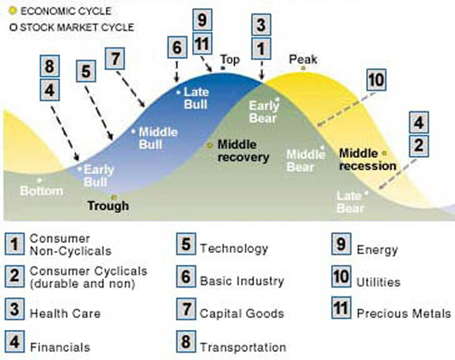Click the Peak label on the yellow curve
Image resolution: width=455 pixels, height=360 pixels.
tap(302, 60)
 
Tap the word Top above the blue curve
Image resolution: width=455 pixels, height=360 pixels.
tap(230, 60)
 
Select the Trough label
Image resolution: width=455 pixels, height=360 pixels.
tap(108, 205)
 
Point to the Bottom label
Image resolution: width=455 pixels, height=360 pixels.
tap(41, 191)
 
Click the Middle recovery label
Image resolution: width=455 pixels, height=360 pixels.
tap(243, 151)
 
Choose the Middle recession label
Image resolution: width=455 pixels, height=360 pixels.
tap(367, 159)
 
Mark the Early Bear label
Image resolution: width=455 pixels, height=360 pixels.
tap(262, 112)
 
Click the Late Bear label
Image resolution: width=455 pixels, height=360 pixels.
tap(350, 202)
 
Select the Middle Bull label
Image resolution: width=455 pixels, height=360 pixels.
tap(158, 138)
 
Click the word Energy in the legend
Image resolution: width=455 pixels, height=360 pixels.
tap(377, 250)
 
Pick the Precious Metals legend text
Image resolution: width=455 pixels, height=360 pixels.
tap(403, 313)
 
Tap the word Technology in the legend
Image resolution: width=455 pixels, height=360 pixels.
tap(234, 248)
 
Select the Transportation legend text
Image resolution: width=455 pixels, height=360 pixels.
tap(243, 347)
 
